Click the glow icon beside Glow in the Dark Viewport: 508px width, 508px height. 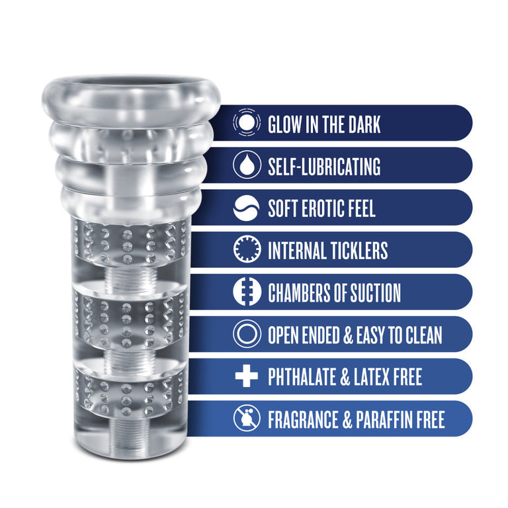245,124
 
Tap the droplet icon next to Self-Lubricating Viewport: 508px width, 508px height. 245,166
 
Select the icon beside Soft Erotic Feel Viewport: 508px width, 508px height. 245,208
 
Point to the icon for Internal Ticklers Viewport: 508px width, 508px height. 245,251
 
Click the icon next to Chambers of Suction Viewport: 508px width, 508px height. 245,293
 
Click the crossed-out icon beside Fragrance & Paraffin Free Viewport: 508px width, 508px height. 245,419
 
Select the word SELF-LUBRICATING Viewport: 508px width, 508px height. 324,167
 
